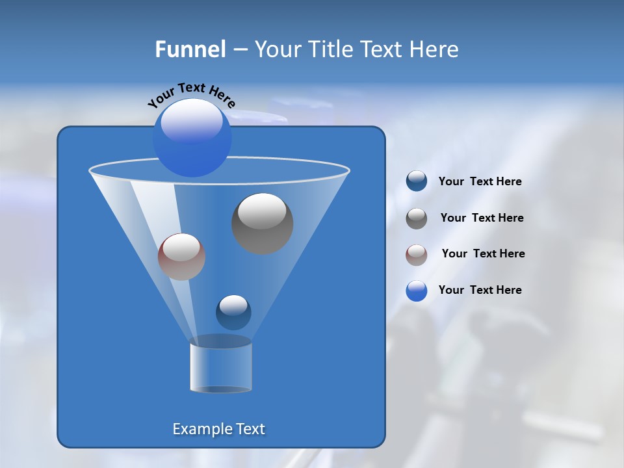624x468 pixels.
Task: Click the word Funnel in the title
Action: point(190,49)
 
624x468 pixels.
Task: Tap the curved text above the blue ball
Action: point(191,94)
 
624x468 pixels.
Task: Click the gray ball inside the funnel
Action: point(262,223)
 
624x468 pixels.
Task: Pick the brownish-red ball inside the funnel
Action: point(181,257)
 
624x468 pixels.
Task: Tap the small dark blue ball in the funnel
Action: point(233,312)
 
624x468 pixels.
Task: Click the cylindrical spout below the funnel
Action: point(220,367)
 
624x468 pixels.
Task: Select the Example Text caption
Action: point(218,429)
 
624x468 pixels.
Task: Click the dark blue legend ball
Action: point(417,181)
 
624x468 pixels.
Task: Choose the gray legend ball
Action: point(417,218)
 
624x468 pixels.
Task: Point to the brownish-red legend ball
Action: point(417,254)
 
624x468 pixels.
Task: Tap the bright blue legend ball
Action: point(417,291)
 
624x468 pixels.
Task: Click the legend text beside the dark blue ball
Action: point(480,181)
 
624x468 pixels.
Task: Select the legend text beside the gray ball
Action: point(482,218)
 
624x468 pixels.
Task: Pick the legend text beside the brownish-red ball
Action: point(483,253)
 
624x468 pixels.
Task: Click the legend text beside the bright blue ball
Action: point(480,290)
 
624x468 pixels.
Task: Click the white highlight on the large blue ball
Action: point(191,121)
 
